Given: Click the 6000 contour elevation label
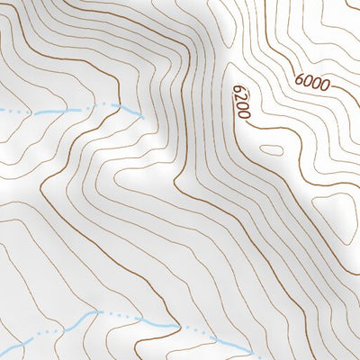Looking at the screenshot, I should click(x=311, y=82).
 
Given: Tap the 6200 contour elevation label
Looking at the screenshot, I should click(x=239, y=104).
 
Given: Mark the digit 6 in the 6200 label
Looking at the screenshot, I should click(x=238, y=91).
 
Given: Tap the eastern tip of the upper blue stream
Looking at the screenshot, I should click(x=142, y=114).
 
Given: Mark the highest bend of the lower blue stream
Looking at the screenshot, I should click(x=94, y=314).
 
